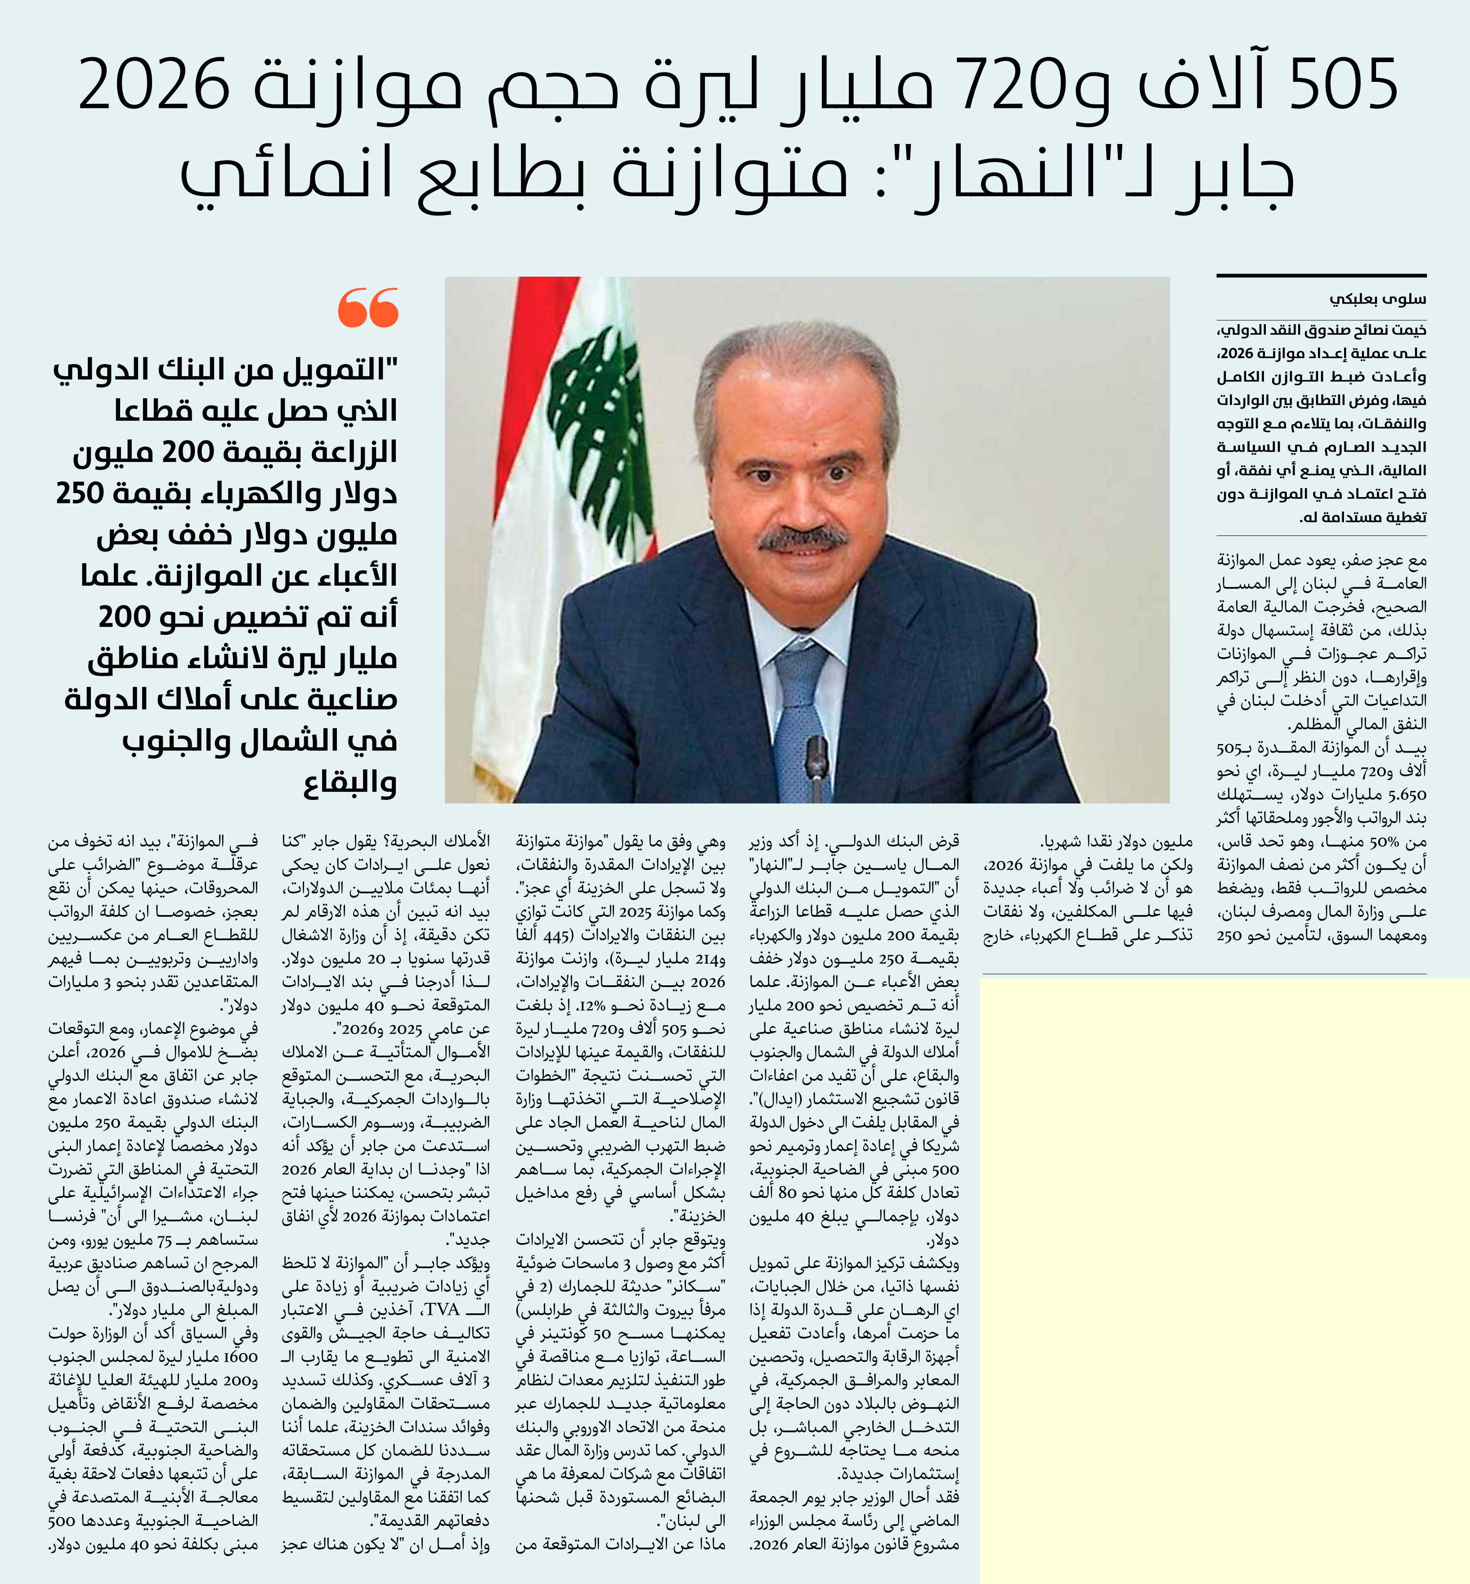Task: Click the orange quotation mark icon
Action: [367, 308]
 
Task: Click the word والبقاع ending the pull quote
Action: [350, 784]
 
